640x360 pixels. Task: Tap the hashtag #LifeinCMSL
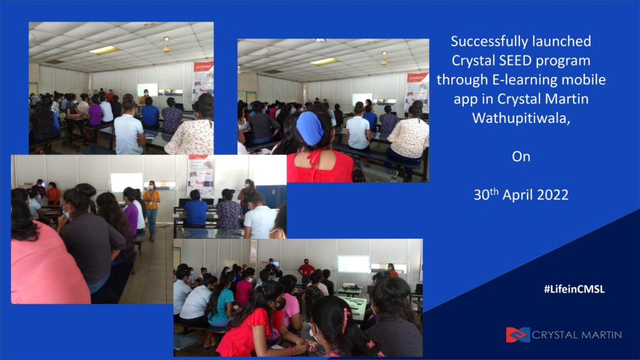coord(574,289)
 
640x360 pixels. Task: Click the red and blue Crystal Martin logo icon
coord(517,335)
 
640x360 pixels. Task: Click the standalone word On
coord(521,156)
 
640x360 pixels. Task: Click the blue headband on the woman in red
coord(310,127)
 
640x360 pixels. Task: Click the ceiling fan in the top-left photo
coord(166,46)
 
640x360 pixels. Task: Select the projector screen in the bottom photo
coord(354,264)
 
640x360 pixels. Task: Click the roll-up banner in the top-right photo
coord(417,92)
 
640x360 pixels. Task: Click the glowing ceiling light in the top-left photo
coord(104,50)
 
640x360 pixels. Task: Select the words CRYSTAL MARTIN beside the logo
coord(577,335)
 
